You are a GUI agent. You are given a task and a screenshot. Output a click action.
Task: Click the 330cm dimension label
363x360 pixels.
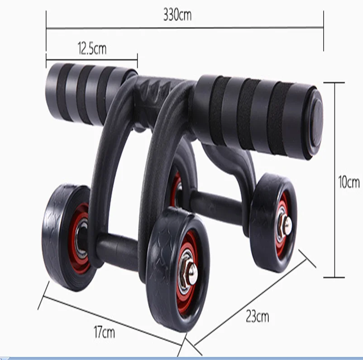coord(177,15)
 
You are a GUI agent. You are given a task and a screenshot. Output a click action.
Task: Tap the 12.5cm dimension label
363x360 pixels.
coord(91,47)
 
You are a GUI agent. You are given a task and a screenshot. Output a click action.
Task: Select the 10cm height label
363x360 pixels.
coord(349,182)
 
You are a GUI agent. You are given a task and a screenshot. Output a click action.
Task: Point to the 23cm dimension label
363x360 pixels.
coord(257,316)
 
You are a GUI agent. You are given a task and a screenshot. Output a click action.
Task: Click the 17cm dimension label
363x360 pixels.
coord(104,333)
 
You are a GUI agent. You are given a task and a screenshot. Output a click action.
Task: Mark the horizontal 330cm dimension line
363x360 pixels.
coord(185,28)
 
